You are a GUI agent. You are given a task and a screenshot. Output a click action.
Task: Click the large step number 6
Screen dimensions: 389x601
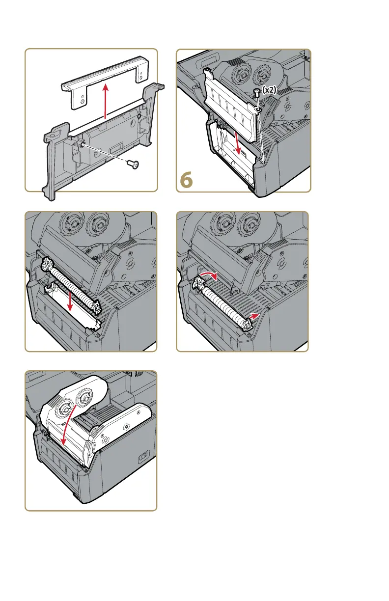point(186,180)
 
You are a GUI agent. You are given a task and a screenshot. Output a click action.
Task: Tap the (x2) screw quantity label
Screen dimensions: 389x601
point(269,90)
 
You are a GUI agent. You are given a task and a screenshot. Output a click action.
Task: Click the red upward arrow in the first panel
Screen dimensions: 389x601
point(106,101)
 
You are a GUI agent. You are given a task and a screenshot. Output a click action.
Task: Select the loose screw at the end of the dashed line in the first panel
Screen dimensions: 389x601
point(134,164)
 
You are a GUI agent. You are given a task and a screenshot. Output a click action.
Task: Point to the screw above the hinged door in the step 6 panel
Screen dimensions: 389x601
point(257,93)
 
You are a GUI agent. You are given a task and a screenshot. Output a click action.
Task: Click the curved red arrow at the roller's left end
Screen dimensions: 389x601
point(208,275)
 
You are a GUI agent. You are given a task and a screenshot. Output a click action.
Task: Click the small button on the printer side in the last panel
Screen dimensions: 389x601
point(142,458)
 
